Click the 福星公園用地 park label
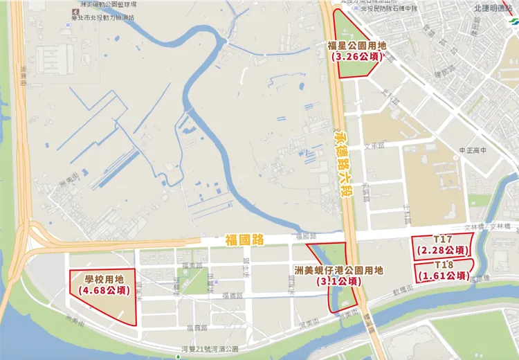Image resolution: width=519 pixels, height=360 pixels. pyautogui.click(x=356, y=46)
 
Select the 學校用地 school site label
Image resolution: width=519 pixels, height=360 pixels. pyautogui.click(x=103, y=280)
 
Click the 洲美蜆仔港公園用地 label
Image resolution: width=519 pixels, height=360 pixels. pyautogui.click(x=338, y=271)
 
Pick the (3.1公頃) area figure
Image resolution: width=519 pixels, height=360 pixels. pyautogui.click(x=338, y=282)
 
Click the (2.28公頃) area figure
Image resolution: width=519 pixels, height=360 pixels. pyautogui.click(x=443, y=250)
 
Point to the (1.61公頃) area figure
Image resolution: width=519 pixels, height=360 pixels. pyautogui.click(x=444, y=276)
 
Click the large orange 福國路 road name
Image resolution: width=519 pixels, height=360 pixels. pyautogui.click(x=245, y=240)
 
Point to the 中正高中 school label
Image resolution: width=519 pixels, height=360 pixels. pyautogui.click(x=473, y=150)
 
